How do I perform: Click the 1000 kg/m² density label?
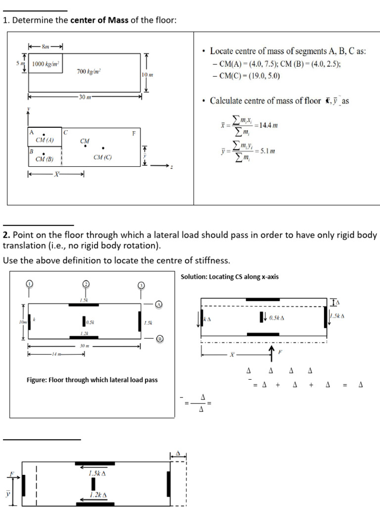[46, 64]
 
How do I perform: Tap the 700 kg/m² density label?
[89, 72]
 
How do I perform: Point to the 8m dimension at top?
[46, 47]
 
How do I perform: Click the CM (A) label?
[45, 140]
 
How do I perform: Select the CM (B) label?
[45, 159]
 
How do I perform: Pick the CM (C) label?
[102, 157]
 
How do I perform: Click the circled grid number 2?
[86, 284]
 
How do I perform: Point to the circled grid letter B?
[159, 339]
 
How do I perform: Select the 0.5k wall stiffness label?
[90, 323]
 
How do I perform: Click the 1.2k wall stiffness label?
[84, 333]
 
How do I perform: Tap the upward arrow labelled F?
[272, 352]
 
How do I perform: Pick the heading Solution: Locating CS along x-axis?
[230, 277]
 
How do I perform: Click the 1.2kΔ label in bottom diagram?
[98, 495]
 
